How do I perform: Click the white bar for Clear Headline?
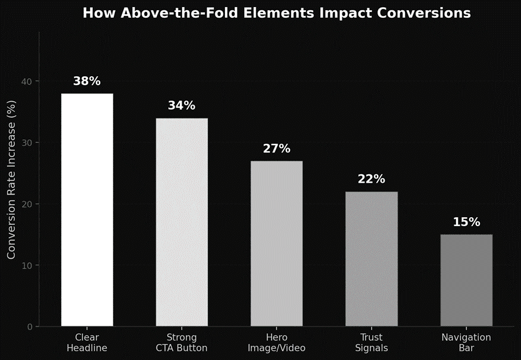point(87,209)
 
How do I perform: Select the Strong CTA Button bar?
point(182,222)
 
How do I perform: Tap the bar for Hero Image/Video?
point(276,243)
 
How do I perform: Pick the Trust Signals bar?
point(371,259)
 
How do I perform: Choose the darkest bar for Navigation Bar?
point(466,280)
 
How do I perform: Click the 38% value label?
point(87,82)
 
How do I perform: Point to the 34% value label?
point(182,106)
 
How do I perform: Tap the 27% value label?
point(276,149)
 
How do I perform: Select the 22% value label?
point(371,179)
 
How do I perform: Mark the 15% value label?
point(466,223)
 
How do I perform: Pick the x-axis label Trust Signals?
point(371,343)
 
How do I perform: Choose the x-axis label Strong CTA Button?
point(182,343)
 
